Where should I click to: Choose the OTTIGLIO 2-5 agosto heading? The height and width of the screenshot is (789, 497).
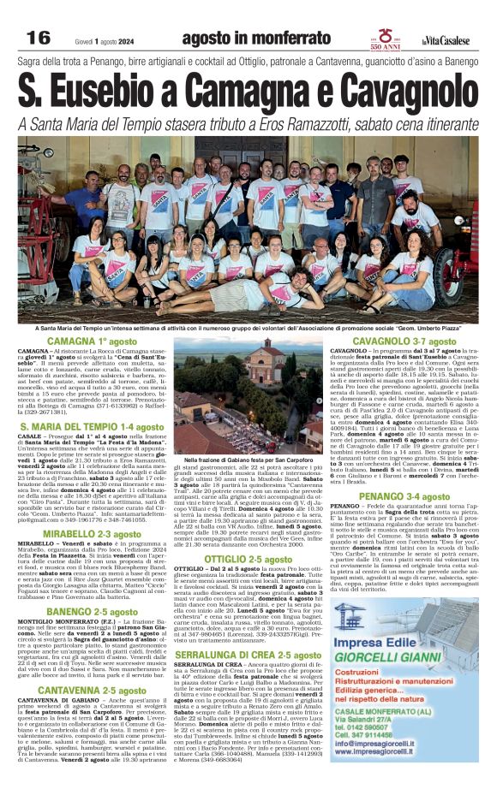[248, 534]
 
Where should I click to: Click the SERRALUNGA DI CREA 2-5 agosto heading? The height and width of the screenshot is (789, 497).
[248, 629]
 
